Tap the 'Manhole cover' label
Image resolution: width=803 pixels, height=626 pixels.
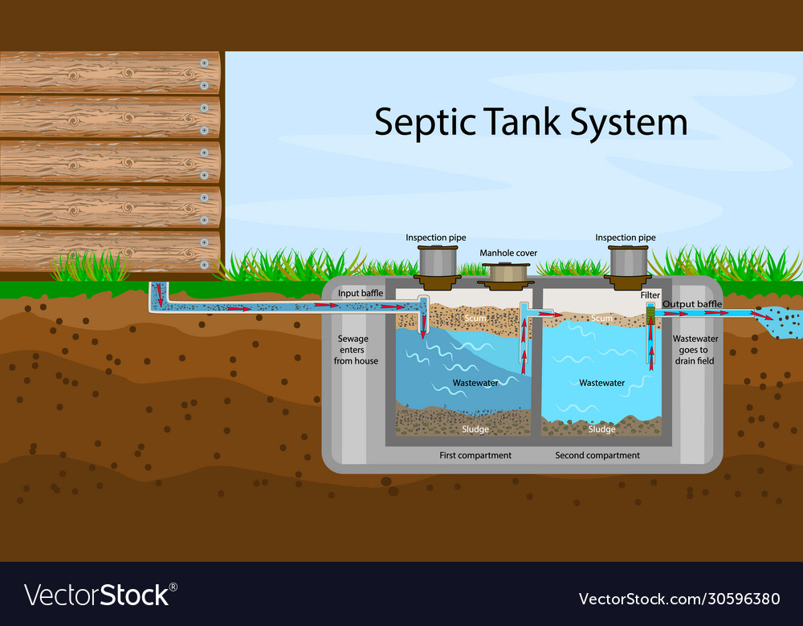[x=508, y=253]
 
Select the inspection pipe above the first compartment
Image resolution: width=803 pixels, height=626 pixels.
[x=436, y=262]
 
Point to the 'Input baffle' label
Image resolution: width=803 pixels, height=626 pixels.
[x=361, y=293]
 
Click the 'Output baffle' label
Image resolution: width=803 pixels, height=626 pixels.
[x=692, y=304]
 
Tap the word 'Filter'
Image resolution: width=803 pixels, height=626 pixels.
[x=650, y=295]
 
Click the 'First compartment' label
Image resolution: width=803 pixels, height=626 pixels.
[x=475, y=455]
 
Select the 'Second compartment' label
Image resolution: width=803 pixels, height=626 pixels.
[x=597, y=455]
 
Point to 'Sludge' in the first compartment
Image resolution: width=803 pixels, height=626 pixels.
[x=475, y=429]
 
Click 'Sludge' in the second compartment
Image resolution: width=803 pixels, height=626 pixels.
[x=602, y=429]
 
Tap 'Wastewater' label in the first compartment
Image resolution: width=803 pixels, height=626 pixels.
[x=475, y=383]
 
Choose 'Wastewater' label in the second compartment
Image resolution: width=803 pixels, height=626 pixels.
[x=602, y=383]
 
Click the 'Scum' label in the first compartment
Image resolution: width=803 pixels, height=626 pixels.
[x=476, y=319]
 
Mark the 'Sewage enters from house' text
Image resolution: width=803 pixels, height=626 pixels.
[x=356, y=350]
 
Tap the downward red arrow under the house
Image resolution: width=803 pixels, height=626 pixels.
[x=159, y=292]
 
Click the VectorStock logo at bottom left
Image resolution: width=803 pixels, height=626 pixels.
[x=100, y=595]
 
